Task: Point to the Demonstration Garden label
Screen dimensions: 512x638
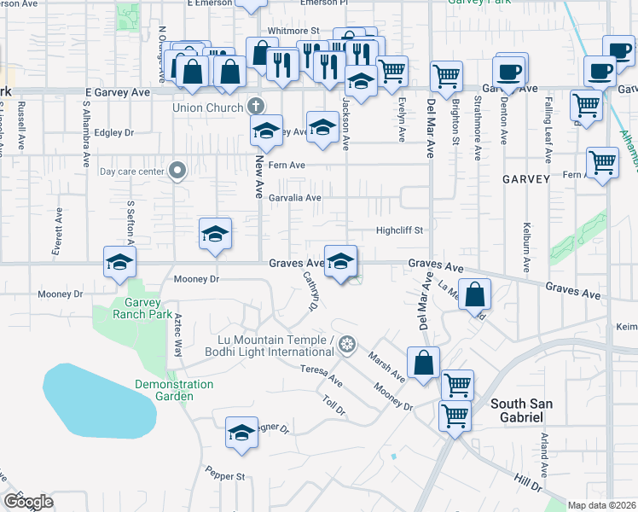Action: [174, 390]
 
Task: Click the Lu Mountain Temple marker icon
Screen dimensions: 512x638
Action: [346, 345]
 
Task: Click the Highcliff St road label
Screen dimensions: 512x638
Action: [400, 230]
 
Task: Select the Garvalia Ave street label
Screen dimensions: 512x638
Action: [294, 198]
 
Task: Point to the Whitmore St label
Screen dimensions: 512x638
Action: [269, 31]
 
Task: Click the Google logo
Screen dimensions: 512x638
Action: [28, 502]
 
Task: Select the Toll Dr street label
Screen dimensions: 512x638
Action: [333, 405]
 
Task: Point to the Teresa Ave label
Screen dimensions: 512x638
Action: [321, 375]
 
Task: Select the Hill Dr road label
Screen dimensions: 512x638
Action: [530, 485]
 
